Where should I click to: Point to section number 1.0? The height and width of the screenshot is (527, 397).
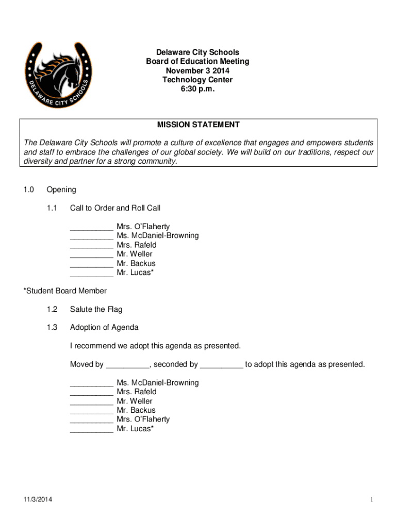pyautogui.click(x=28, y=189)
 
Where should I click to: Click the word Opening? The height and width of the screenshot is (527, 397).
pyautogui.click(x=61, y=189)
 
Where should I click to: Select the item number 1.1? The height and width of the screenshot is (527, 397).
pyautogui.click(x=52, y=208)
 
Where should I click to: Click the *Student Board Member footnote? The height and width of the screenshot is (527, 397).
pyautogui.click(x=65, y=291)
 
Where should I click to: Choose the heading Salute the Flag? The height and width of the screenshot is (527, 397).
pyautogui.click(x=96, y=309)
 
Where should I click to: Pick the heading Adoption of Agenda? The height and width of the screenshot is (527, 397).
pyautogui.click(x=104, y=327)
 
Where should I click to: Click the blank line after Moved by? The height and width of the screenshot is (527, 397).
pyautogui.click(x=127, y=365)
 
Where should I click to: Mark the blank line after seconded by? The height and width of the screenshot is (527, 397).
pyautogui.click(x=221, y=365)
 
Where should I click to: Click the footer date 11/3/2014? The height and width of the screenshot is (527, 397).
pyautogui.click(x=37, y=500)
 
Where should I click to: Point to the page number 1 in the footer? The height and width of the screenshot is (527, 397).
pyautogui.click(x=371, y=500)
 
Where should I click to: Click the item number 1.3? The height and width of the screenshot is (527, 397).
pyautogui.click(x=52, y=327)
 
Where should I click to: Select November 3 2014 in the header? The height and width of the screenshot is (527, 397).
pyautogui.click(x=197, y=71)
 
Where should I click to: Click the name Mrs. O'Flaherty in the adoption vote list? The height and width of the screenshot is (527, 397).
pyautogui.click(x=143, y=419)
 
